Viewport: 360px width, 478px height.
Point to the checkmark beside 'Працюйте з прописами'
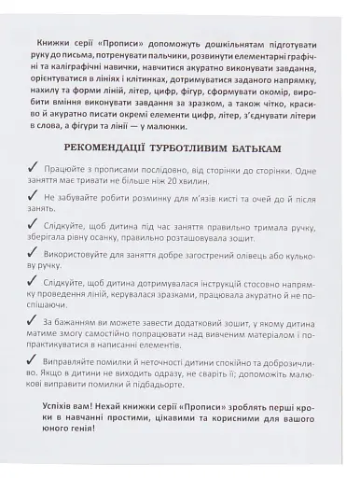(x=35, y=170)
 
